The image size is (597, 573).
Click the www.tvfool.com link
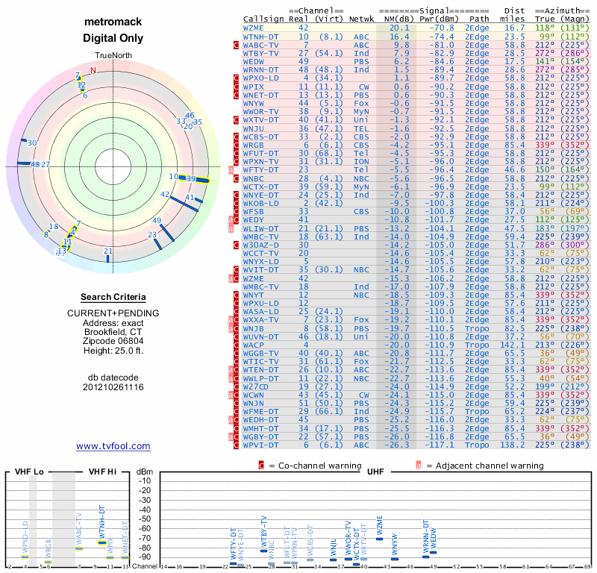pyautogui.click(x=113, y=446)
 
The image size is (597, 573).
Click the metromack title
pyautogui.click(x=113, y=23)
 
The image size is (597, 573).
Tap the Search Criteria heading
pyautogui.click(x=113, y=297)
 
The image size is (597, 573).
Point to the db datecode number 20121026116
pyautogui.click(x=113, y=387)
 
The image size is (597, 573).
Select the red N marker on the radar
pyautogui.click(x=93, y=71)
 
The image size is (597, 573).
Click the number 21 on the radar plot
pyautogui.click(x=108, y=251)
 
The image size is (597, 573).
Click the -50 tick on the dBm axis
pyautogui.click(x=144, y=519)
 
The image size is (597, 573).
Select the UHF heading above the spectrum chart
pyautogui.click(x=375, y=472)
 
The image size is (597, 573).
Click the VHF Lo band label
pyautogui.click(x=29, y=472)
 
